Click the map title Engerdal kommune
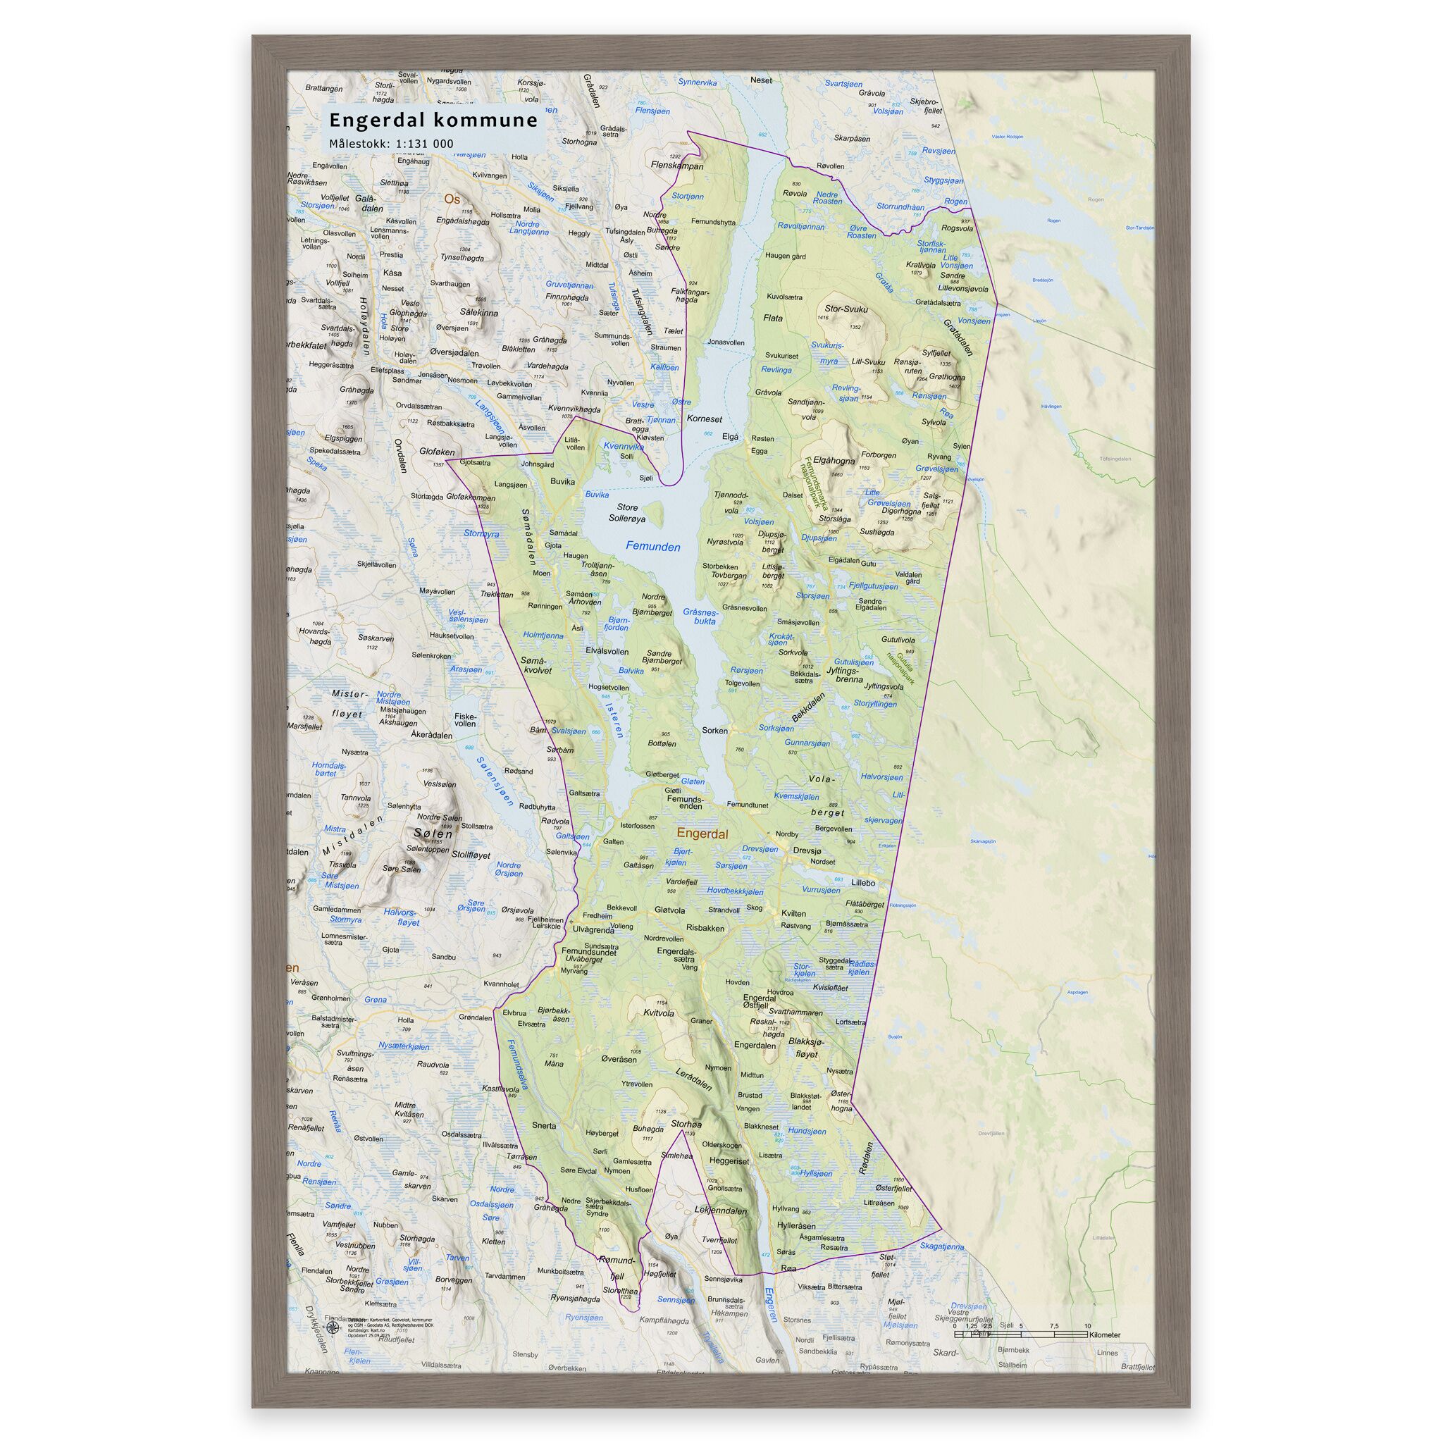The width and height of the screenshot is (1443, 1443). tap(433, 120)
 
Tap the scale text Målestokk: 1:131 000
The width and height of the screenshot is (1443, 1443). tap(391, 144)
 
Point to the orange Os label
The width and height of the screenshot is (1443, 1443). tap(452, 199)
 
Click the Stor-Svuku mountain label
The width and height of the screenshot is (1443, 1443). tap(846, 309)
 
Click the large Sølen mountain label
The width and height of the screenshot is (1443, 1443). tap(433, 834)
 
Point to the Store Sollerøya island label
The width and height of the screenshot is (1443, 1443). tap(626, 512)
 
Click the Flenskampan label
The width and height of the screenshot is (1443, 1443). tap(677, 166)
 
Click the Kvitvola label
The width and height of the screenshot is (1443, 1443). tap(659, 1013)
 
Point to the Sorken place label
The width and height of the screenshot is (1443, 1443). tap(714, 731)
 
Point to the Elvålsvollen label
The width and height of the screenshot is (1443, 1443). tap(607, 651)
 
